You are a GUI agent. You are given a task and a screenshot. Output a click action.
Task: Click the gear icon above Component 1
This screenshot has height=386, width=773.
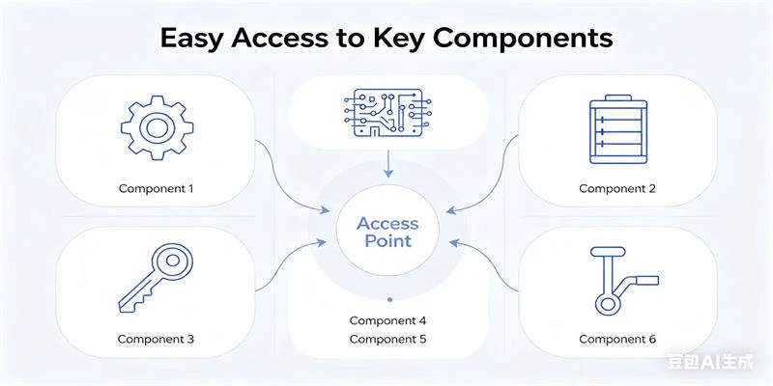point(157,127)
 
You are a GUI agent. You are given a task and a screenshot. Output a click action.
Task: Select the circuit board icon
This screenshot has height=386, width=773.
point(387,113)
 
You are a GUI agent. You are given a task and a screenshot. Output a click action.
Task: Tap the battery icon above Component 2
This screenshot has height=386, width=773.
point(618,129)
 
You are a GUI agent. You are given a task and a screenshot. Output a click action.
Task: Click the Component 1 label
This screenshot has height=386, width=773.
point(157,188)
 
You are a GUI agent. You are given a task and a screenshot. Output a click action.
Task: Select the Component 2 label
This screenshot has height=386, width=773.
point(617,188)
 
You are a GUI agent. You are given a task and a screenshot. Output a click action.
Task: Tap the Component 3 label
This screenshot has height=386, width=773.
point(156,340)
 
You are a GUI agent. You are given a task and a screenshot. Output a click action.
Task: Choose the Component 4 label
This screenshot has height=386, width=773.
point(387,321)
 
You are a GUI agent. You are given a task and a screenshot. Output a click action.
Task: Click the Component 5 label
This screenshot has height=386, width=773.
point(387,340)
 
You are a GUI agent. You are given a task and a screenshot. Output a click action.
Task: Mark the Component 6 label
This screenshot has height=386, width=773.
point(617,340)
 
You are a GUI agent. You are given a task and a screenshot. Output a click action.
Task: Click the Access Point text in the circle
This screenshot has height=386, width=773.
point(387,232)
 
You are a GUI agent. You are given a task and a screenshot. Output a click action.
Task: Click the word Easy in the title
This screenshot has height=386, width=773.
point(191,39)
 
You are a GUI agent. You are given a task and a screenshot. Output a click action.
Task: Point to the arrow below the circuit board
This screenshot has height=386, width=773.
point(388,163)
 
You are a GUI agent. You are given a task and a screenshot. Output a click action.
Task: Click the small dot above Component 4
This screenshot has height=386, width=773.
point(389,299)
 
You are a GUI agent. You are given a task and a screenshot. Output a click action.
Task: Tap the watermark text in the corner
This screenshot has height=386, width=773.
point(711,363)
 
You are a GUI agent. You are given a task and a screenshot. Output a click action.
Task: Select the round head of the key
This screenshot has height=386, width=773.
point(172,262)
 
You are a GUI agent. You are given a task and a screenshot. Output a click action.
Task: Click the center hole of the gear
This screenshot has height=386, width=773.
point(157,127)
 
